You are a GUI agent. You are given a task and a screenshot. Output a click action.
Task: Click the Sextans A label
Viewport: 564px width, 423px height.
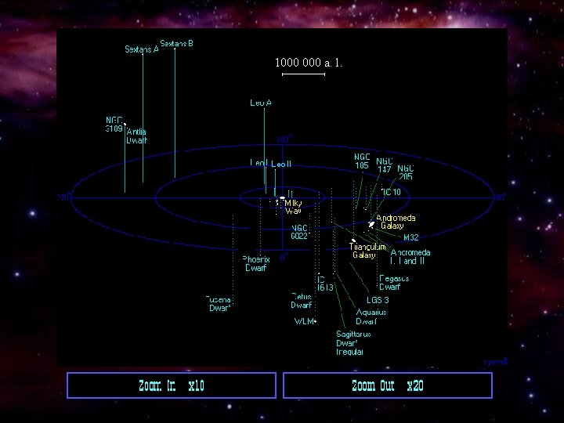142,49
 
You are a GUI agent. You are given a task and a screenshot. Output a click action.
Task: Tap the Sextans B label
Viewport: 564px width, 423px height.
177,43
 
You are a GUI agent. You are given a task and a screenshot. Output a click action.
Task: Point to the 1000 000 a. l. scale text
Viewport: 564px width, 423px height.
308,62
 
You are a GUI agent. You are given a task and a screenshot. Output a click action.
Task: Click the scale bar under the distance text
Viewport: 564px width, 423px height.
303,75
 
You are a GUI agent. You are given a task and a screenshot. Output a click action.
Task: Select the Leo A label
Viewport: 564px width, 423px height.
261,103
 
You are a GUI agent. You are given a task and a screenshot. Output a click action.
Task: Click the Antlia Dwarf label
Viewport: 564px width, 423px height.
136,136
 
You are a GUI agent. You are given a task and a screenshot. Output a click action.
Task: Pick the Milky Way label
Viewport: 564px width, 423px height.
293,207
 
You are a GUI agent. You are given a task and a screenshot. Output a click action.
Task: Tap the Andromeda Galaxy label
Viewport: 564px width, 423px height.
396,222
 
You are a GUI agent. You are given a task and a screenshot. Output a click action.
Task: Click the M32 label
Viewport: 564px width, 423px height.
410,237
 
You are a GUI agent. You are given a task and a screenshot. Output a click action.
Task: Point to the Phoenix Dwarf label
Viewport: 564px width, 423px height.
256,263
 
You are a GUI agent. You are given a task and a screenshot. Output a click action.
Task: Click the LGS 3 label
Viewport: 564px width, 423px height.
378,300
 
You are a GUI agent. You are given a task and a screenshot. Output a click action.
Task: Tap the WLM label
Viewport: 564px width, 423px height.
303,321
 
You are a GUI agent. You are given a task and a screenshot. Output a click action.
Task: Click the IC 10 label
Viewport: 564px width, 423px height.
392,192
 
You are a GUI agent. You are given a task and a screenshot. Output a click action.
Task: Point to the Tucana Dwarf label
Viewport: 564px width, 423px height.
219,303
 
